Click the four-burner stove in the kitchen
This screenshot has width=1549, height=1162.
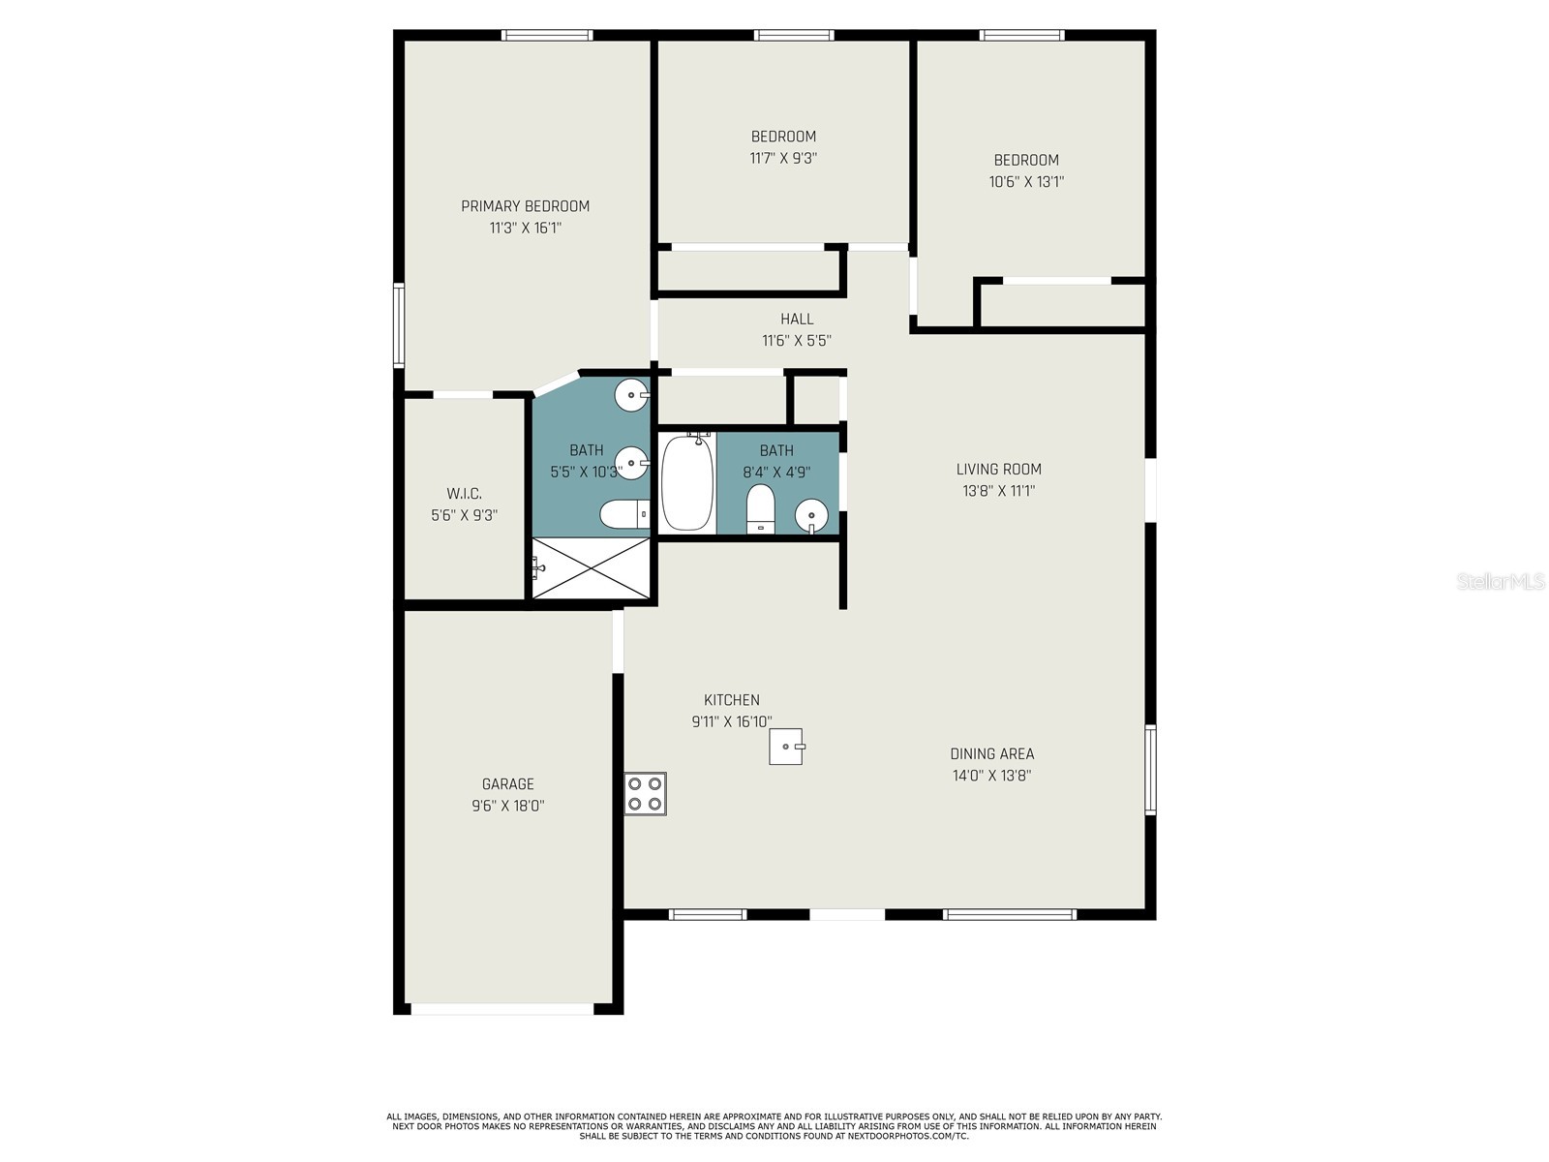click(645, 794)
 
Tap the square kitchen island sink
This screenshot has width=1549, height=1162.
click(785, 747)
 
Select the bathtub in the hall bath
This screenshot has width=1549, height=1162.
click(686, 483)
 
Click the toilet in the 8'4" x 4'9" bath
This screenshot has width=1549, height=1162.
click(760, 508)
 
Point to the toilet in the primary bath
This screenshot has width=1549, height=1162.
click(624, 514)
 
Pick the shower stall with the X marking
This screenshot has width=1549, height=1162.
click(591, 568)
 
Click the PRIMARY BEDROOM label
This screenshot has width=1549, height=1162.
click(525, 206)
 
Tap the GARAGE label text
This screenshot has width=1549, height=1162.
click(508, 783)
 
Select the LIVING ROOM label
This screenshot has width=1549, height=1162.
click(998, 470)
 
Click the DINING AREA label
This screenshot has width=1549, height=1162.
click(992, 753)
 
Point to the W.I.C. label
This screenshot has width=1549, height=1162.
click(465, 494)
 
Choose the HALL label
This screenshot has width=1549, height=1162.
click(797, 319)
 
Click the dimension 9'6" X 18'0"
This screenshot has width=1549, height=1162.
click(508, 806)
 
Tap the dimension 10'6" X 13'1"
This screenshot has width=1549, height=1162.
click(1026, 182)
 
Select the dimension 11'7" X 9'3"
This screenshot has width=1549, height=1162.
click(783, 158)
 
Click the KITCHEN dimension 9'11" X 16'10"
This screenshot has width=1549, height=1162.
click(732, 721)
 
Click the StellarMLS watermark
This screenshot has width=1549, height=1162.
click(1501, 581)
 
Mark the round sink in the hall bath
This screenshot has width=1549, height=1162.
click(811, 515)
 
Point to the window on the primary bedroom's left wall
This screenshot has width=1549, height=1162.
click(399, 325)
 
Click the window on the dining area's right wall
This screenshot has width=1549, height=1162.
click(1150, 770)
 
